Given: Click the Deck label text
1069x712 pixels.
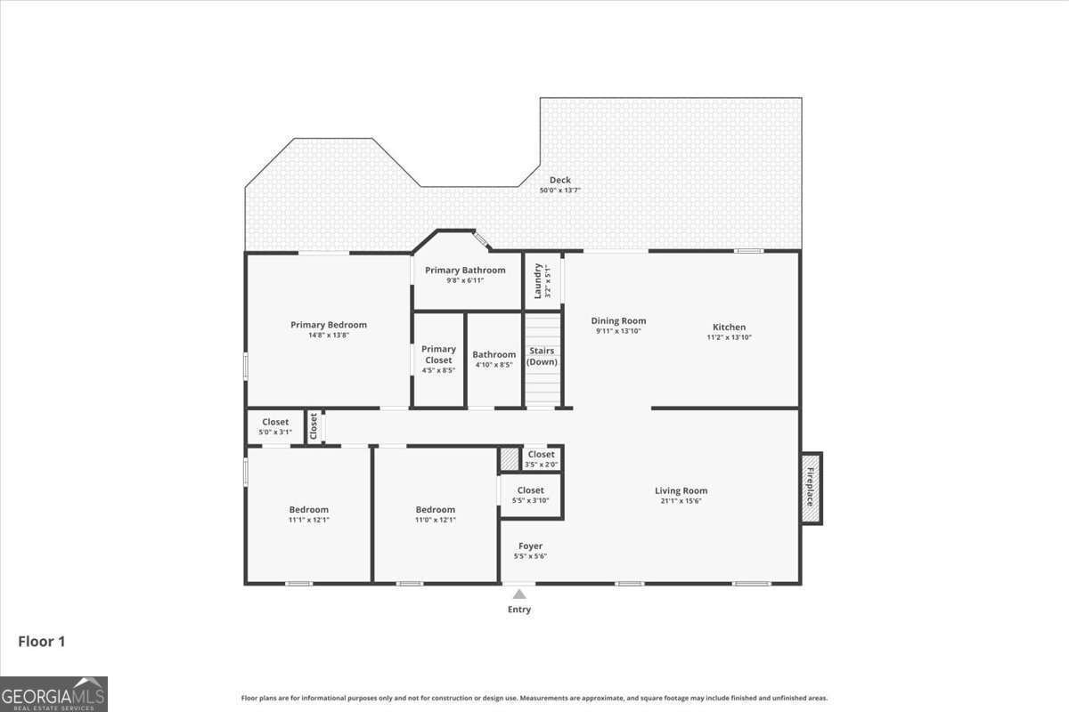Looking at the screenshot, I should point(559,181).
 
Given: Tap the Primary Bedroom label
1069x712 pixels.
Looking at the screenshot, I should point(328,325).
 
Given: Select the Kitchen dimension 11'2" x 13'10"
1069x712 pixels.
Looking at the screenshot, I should point(729,337).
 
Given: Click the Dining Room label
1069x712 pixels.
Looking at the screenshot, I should point(618,320).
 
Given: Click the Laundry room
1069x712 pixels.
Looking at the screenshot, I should point(543,281).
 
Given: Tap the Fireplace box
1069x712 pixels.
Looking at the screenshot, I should point(811,488).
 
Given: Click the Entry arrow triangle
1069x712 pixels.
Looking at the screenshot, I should point(519,594).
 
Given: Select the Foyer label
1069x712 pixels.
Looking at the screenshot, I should point(530,546).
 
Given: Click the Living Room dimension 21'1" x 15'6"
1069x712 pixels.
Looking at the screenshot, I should point(681,501).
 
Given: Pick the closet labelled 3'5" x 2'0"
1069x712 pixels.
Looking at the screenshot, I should point(541,458).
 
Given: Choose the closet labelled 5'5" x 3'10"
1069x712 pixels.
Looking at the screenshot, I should point(530,495).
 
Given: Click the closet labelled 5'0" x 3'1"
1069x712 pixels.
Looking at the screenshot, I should point(275,426).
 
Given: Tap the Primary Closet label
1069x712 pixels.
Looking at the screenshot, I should point(438,354).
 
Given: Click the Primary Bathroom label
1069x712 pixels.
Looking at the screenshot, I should point(465,271).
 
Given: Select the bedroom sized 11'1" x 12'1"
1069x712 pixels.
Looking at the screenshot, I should point(308,514).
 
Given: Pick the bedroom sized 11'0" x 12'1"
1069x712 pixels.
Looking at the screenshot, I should point(435,514).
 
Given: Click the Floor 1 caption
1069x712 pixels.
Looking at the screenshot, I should point(42,641).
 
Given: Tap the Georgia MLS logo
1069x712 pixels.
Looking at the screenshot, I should point(53,694).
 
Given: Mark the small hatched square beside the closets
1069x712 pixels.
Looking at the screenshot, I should point(509,458).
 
